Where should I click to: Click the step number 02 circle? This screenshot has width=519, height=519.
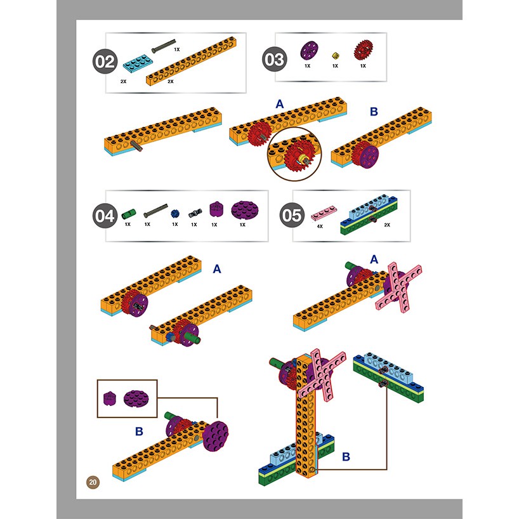pyautogui.click(x=105, y=62)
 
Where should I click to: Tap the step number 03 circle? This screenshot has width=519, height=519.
pyautogui.click(x=274, y=59)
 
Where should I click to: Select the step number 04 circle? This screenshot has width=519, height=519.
pyautogui.click(x=105, y=216)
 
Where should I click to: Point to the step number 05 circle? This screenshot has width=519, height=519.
pyautogui.click(x=292, y=215)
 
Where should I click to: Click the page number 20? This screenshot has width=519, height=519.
pyautogui.click(x=93, y=482)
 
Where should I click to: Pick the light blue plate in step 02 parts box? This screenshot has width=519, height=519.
pyautogui.click(x=136, y=63)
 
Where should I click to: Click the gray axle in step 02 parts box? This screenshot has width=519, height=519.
pyautogui.click(x=164, y=46)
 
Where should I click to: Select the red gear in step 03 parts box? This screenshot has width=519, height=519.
pyautogui.click(x=363, y=50)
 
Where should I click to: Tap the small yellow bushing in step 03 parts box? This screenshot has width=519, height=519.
pyautogui.click(x=335, y=55)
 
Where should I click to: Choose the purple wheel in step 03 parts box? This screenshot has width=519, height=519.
pyautogui.click(x=309, y=50)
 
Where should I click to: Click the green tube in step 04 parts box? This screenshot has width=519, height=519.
pyautogui.click(x=128, y=213)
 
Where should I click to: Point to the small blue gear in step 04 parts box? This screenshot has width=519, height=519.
pyautogui.click(x=175, y=213)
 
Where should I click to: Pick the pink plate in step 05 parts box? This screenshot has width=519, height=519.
pyautogui.click(x=324, y=213)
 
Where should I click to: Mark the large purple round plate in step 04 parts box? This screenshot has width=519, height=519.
pyautogui.click(x=245, y=211)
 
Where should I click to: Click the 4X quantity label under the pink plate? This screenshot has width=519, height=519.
pyautogui.click(x=320, y=227)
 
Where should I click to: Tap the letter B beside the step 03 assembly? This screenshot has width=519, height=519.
pyautogui.click(x=374, y=112)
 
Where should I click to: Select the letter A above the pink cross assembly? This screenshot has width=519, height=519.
pyautogui.click(x=374, y=259)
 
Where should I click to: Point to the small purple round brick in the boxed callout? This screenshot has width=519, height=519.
pyautogui.click(x=110, y=398)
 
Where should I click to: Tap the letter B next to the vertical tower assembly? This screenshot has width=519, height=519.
pyautogui.click(x=346, y=457)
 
